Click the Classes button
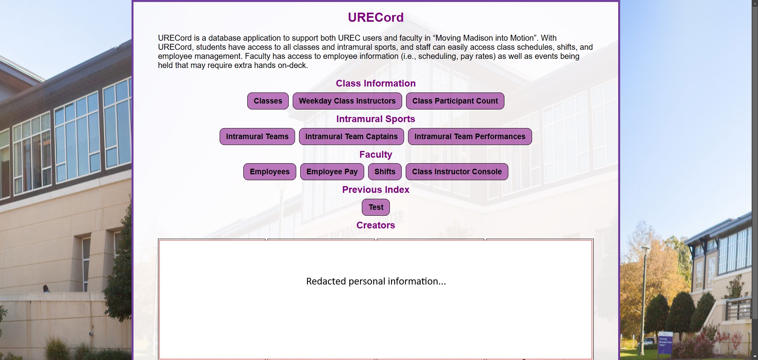(268, 101)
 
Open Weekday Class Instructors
(347, 101)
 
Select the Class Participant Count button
(455, 101)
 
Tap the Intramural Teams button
(257, 137)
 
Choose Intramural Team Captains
(352, 137)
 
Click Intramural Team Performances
(470, 137)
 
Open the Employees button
(270, 172)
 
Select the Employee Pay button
(332, 172)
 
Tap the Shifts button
(385, 172)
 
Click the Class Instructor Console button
(457, 172)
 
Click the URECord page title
(376, 17)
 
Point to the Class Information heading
(376, 83)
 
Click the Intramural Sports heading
(376, 119)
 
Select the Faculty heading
(376, 155)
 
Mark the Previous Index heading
(376, 190)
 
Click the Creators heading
(376, 225)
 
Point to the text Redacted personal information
(376, 281)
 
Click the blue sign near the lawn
(665, 343)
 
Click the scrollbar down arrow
(755, 357)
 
